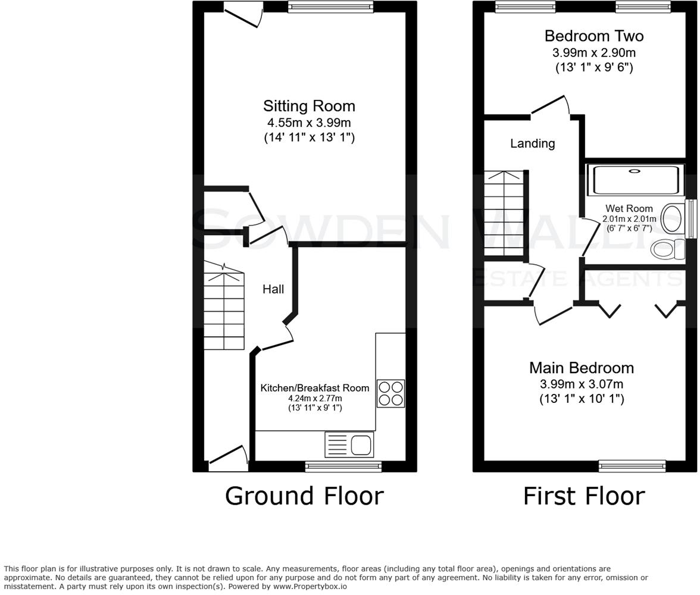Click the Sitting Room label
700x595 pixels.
[x=309, y=106]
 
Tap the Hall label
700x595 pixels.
[x=273, y=289]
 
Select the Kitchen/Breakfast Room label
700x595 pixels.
[x=315, y=388]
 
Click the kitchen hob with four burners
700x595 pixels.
[x=390, y=393]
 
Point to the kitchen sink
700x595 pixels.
[x=349, y=444]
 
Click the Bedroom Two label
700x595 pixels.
[x=593, y=36]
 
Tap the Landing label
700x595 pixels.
[x=532, y=143]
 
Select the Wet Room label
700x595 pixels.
[x=629, y=209]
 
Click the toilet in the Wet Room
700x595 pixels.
[x=667, y=249]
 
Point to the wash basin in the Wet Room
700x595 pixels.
[x=672, y=218]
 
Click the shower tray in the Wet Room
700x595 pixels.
[x=633, y=180]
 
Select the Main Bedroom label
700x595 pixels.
[x=581, y=368]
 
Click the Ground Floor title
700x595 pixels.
[x=304, y=496]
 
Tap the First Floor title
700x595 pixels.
[x=583, y=496]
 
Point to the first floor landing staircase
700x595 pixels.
[x=504, y=214]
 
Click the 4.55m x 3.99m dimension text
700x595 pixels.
[x=309, y=123]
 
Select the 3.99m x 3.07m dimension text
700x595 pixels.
[x=581, y=384]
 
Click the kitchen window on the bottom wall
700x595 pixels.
[x=343, y=466]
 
